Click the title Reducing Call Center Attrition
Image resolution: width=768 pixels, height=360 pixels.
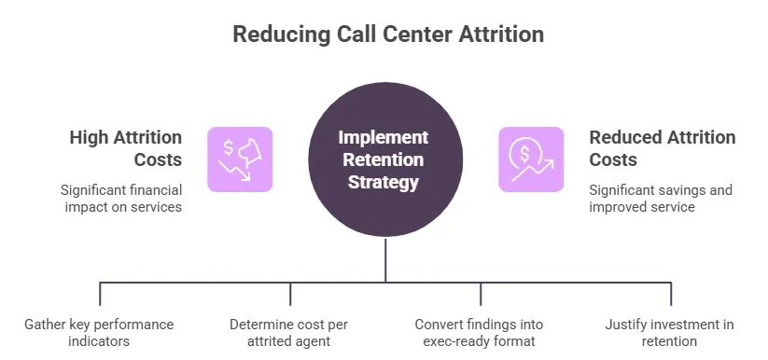point(387,35)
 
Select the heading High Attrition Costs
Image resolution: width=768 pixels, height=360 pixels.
point(125,148)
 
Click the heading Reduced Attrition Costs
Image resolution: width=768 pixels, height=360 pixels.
point(662,148)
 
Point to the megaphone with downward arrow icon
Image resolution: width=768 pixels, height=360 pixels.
point(240,159)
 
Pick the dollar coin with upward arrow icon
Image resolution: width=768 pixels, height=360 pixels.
point(531,159)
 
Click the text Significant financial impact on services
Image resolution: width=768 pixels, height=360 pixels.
point(121,198)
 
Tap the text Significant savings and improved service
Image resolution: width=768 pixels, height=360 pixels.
point(660,198)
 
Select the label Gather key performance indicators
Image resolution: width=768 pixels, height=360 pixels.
point(99,333)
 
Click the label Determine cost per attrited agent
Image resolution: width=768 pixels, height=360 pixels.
point(290,333)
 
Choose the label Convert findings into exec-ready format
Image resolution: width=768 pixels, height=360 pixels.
point(479,333)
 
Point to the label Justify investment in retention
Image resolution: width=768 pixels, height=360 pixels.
point(669,333)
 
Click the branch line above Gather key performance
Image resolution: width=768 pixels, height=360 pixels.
point(100,293)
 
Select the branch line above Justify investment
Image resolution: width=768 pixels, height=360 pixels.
point(671,293)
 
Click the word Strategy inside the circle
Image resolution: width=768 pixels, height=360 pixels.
point(384,181)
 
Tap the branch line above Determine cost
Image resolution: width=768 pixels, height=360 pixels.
point(290,293)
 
